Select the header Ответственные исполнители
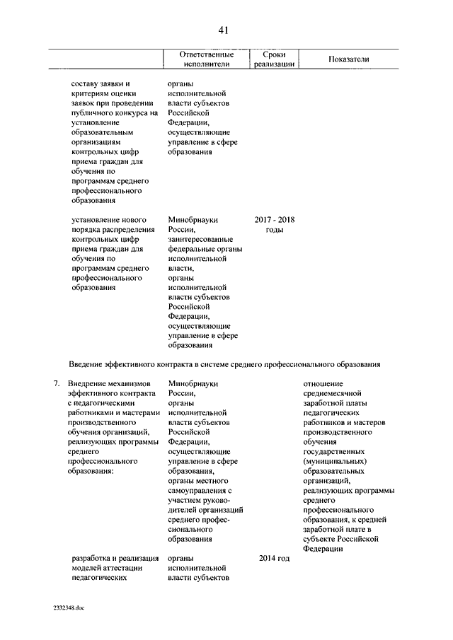[x=206, y=59]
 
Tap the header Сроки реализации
[x=273, y=59]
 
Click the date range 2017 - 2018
[x=275, y=220]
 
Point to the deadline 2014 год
[x=275, y=559]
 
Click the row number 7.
[x=56, y=383]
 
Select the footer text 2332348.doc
[x=68, y=607]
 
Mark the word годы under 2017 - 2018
[x=275, y=230]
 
